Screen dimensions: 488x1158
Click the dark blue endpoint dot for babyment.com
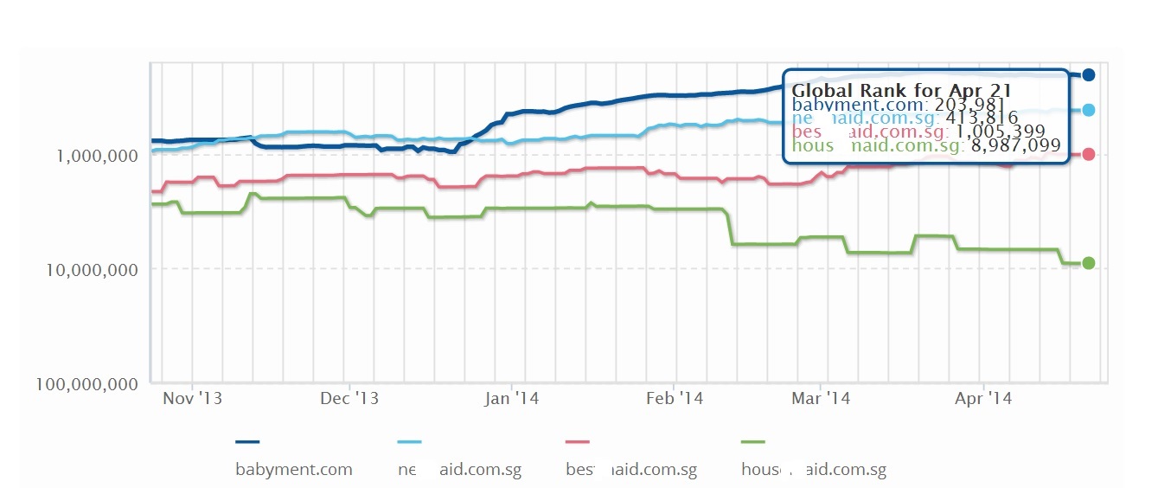tap(1088, 75)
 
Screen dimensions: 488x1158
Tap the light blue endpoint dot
tap(1088, 110)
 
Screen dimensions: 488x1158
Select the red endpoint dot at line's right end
tap(1088, 154)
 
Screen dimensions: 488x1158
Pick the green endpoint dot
tap(1088, 263)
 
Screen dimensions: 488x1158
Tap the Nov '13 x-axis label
tap(192, 399)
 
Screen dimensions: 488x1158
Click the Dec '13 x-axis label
tap(349, 399)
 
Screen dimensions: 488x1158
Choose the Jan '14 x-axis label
tap(511, 399)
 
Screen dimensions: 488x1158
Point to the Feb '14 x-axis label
tap(675, 399)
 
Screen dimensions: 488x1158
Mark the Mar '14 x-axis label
tap(821, 399)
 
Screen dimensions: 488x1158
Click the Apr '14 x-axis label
tap(982, 399)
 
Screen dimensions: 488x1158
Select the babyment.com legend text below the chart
tap(294, 470)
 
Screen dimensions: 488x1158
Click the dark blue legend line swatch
tap(247, 442)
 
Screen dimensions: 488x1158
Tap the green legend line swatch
tap(754, 442)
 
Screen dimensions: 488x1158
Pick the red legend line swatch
tap(577, 442)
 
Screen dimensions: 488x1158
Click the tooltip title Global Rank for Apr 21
tap(902, 90)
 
